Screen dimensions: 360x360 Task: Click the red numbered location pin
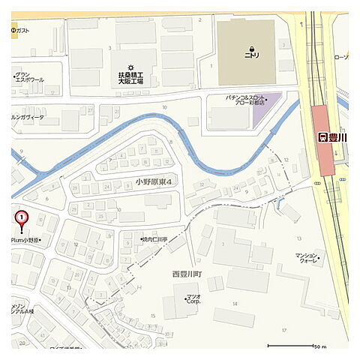click(x=22, y=218)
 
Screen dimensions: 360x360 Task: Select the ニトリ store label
click(x=250, y=55)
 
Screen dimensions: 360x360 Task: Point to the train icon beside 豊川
click(x=322, y=137)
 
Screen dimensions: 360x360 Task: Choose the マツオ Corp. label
click(x=193, y=302)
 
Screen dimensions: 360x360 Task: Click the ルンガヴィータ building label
click(x=27, y=118)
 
